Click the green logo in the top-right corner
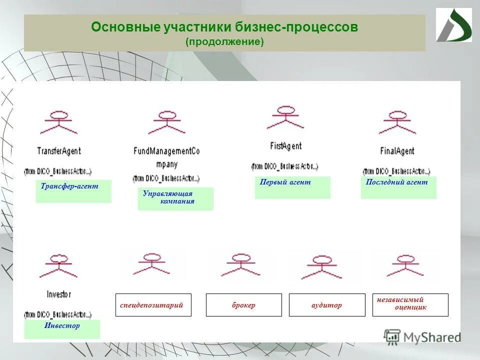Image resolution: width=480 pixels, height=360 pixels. pyautogui.click(x=453, y=25)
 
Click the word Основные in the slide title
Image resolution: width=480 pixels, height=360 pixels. pyautogui.click(x=126, y=27)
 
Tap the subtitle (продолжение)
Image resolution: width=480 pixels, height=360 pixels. pyautogui.click(x=224, y=42)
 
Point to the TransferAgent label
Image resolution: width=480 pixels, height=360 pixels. pyautogui.click(x=59, y=150)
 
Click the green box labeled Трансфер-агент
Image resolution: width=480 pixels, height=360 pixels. pyautogui.click(x=73, y=191)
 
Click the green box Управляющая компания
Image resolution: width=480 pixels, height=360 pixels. pyautogui.click(x=175, y=198)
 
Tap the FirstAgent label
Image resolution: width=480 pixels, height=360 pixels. pyautogui.click(x=285, y=146)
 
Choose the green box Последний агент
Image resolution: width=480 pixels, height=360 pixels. pyautogui.click(x=398, y=187)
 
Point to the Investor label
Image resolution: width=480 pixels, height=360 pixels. pyautogui.click(x=58, y=294)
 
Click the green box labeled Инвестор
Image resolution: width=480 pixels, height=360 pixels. pyautogui.click(x=62, y=329)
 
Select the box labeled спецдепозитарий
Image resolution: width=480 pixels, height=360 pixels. pyautogui.click(x=153, y=305)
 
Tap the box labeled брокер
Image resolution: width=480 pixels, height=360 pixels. pyautogui.click(x=243, y=305)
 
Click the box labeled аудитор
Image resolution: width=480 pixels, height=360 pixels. pyautogui.click(x=327, y=305)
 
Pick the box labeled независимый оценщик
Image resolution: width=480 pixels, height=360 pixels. pyautogui.click(x=410, y=304)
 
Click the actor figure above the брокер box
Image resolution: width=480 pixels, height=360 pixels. pyautogui.click(x=240, y=264)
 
